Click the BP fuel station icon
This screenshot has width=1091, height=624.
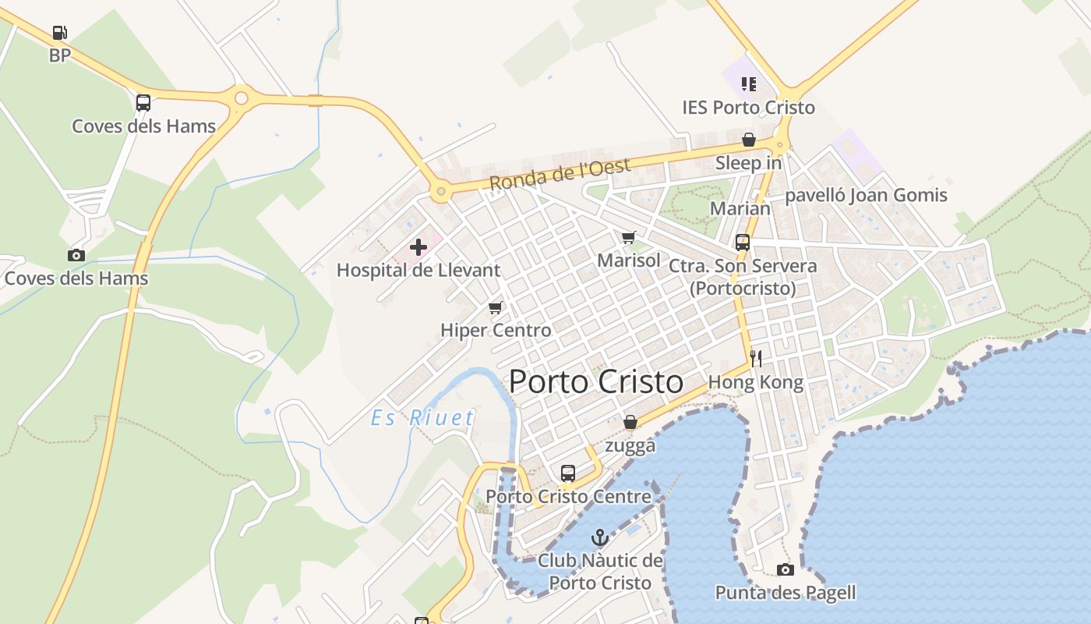(x=60, y=33)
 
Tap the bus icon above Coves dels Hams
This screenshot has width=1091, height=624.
(x=143, y=103)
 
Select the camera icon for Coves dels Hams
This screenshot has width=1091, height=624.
(x=76, y=255)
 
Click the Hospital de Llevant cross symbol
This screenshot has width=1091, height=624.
(x=418, y=248)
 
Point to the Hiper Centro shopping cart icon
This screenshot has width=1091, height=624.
(x=495, y=307)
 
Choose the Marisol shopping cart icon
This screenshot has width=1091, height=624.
(x=629, y=237)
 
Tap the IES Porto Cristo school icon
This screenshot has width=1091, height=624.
(x=749, y=84)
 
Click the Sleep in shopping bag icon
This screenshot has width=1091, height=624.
(x=748, y=140)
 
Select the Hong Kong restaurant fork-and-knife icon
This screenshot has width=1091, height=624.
(x=755, y=359)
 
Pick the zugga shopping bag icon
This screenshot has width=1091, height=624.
(x=630, y=423)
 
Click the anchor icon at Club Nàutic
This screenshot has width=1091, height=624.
(x=599, y=537)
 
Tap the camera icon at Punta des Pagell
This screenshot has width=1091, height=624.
(x=786, y=570)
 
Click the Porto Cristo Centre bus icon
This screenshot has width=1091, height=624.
(x=568, y=473)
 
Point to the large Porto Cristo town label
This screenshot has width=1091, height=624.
(x=596, y=382)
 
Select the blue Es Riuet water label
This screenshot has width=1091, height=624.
(x=422, y=418)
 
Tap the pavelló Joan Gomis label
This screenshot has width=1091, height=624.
(x=866, y=195)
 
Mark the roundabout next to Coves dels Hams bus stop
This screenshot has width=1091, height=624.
(x=241, y=98)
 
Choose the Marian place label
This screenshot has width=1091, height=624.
(x=740, y=208)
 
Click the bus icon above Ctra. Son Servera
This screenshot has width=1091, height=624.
(x=742, y=243)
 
